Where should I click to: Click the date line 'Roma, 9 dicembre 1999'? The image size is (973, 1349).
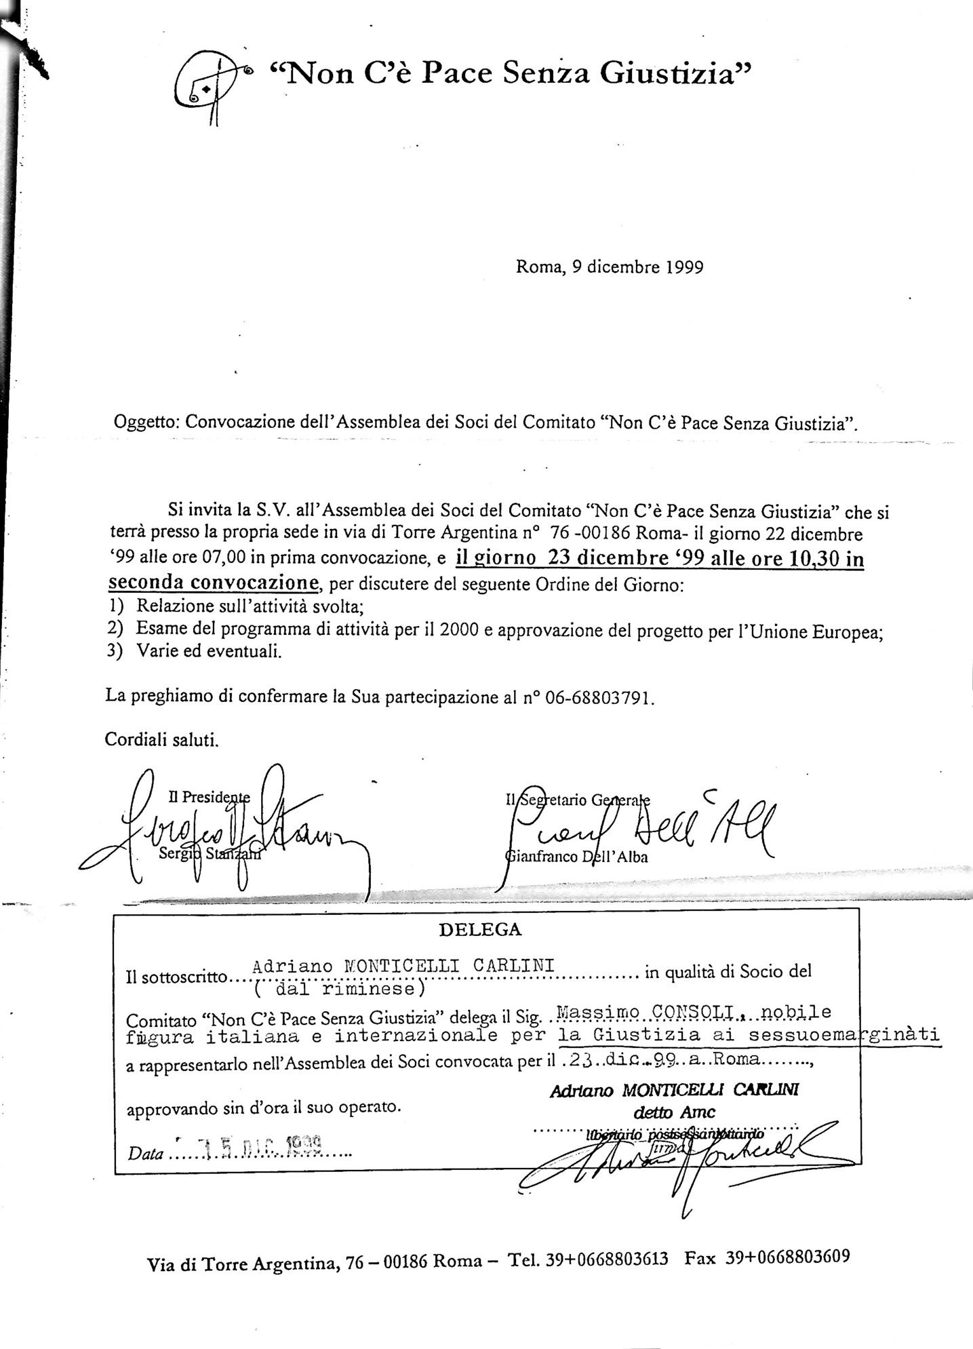609,267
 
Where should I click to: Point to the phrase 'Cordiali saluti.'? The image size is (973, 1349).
161,739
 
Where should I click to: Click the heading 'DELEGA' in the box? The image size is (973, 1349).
480,930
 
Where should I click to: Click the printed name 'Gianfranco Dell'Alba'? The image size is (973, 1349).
576,857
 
